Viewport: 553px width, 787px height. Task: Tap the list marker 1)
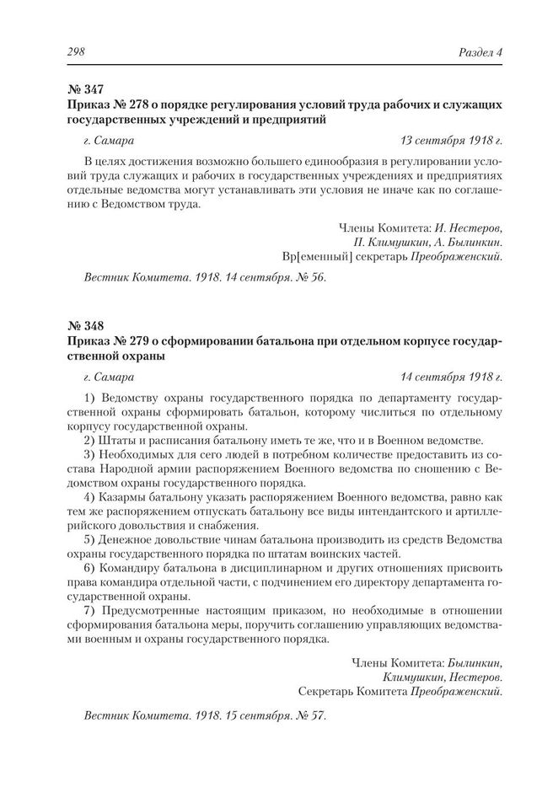[89, 396]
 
